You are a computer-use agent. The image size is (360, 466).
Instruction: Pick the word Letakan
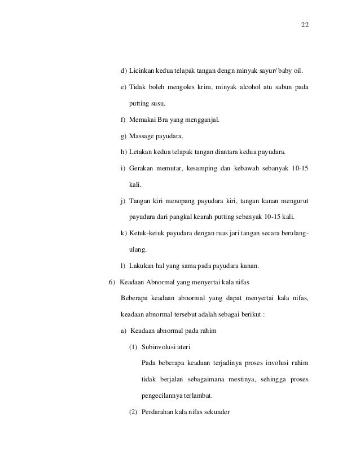point(141,152)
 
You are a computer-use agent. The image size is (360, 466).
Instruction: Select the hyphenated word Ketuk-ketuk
point(147,233)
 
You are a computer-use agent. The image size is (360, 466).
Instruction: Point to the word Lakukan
point(142,266)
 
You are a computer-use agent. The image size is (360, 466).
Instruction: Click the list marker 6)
point(111,282)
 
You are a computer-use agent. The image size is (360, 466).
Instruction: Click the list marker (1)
point(134,347)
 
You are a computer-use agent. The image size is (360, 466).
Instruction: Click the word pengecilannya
point(167,395)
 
